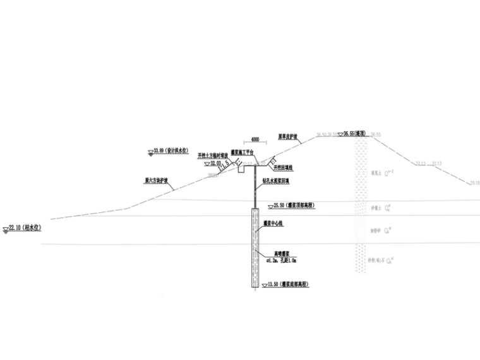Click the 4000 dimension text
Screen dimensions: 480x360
click(255, 139)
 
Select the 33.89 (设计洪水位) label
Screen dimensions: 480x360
click(172, 151)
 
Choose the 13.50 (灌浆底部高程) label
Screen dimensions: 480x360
click(287, 285)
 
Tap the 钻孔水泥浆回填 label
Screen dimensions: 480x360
click(275, 180)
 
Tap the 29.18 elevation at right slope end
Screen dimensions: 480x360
click(474, 183)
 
